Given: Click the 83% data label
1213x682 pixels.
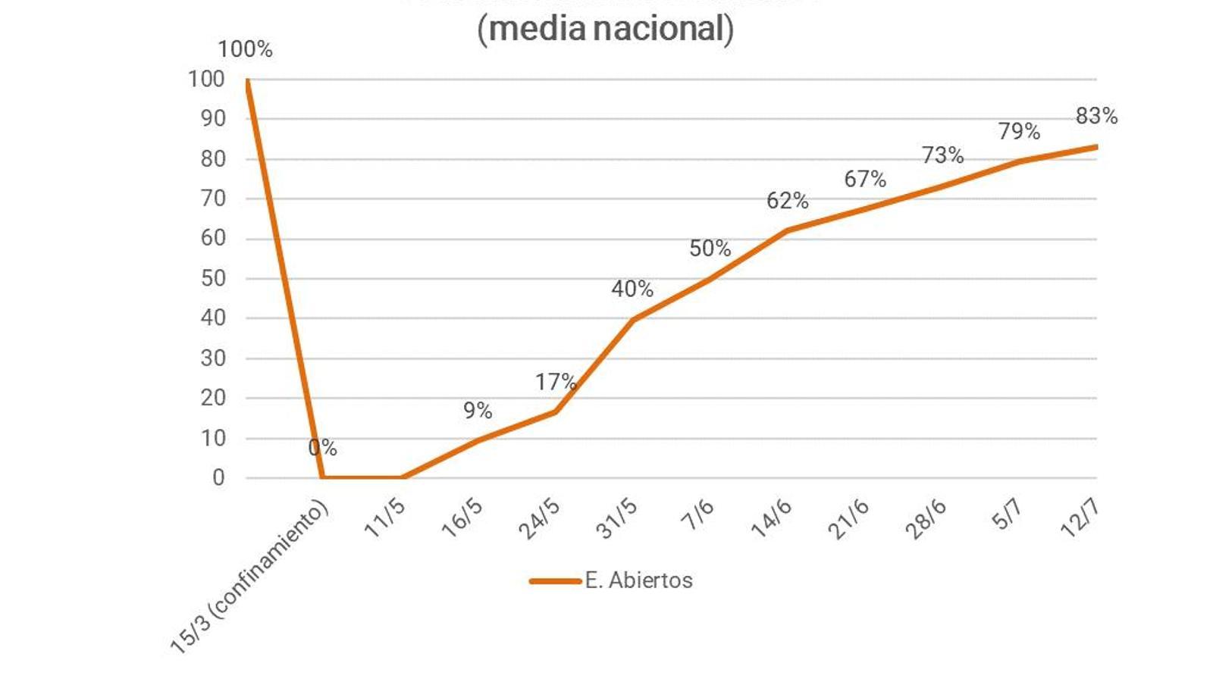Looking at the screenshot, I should (x=1096, y=116).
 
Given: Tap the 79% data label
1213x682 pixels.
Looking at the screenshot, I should (x=1019, y=132).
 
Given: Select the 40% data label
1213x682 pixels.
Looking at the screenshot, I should (x=632, y=289).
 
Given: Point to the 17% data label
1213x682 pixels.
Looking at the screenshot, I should (x=556, y=382).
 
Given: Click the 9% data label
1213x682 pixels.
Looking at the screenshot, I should (x=478, y=411).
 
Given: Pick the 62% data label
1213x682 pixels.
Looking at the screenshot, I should (x=787, y=201).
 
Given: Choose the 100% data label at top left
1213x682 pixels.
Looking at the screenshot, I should (x=245, y=49).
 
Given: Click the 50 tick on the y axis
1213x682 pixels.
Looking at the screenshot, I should (x=213, y=278).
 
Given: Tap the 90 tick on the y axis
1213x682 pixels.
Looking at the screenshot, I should (x=213, y=118).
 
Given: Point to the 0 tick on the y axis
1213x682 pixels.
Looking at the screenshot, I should (x=218, y=477).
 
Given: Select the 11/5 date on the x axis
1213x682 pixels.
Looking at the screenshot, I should (x=386, y=519).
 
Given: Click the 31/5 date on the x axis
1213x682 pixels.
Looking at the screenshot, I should (x=617, y=520).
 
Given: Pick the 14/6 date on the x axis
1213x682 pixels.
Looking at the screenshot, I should (x=772, y=519).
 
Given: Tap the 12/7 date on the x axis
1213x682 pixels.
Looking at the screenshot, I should (x=1080, y=519).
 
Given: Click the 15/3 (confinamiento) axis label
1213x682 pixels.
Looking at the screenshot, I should (x=250, y=576).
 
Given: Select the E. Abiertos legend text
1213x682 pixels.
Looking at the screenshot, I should (x=638, y=580).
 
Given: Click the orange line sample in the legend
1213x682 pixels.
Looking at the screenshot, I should (x=555, y=581).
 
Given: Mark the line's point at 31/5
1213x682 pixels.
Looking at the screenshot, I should (x=633, y=319).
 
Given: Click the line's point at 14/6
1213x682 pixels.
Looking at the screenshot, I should (x=787, y=230).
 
